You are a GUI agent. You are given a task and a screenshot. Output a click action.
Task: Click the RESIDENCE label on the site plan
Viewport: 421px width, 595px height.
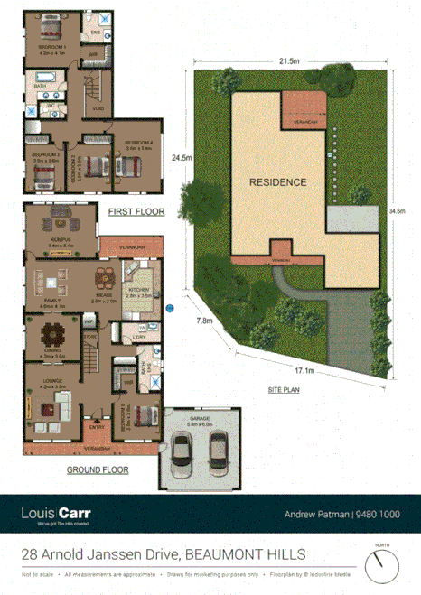click(277, 181)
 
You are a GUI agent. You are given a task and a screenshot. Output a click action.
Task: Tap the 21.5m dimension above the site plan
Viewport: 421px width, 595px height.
click(289, 61)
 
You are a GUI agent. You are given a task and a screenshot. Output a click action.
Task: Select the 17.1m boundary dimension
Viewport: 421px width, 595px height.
click(304, 371)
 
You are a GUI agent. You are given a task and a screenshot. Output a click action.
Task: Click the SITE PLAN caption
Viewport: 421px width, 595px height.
click(285, 390)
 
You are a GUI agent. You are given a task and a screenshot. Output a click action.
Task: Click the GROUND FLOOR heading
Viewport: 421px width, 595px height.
click(98, 469)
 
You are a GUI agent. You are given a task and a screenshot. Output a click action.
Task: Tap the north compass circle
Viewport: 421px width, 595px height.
click(382, 566)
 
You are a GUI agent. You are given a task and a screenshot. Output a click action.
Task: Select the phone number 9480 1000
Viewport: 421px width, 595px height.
click(379, 514)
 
